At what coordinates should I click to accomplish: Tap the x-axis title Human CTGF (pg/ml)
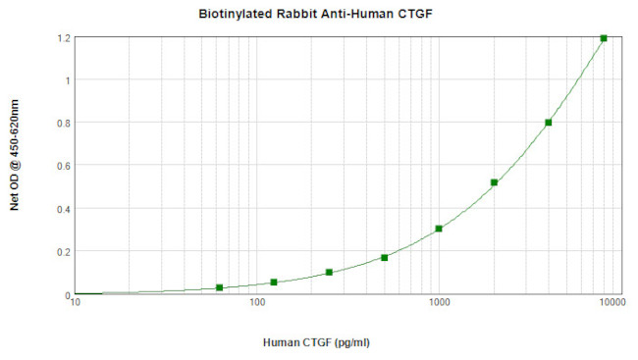point(316,342)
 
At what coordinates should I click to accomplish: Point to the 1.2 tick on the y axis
point(64,37)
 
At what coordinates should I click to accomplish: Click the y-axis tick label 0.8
point(64,123)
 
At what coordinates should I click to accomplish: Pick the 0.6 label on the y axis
point(64,166)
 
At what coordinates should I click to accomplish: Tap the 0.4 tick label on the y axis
point(64,209)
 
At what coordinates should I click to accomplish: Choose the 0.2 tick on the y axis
point(64,252)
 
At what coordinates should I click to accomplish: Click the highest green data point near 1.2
point(604,38)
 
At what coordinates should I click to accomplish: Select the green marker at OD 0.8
point(549,123)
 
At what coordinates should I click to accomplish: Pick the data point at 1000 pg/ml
point(439,229)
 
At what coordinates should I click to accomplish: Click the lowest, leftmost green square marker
point(219,287)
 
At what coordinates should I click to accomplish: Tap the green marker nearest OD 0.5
point(494,182)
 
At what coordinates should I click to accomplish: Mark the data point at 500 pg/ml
point(384,258)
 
